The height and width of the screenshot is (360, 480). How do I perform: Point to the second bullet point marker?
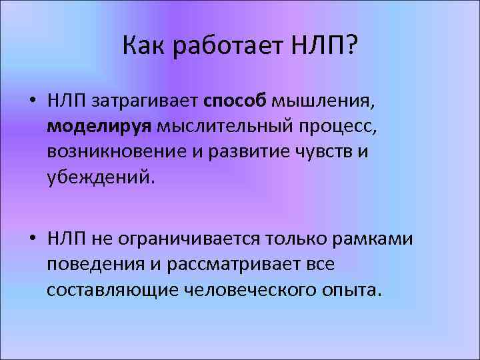tap(32, 238)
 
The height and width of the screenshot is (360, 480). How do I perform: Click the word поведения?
tap(92, 264)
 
